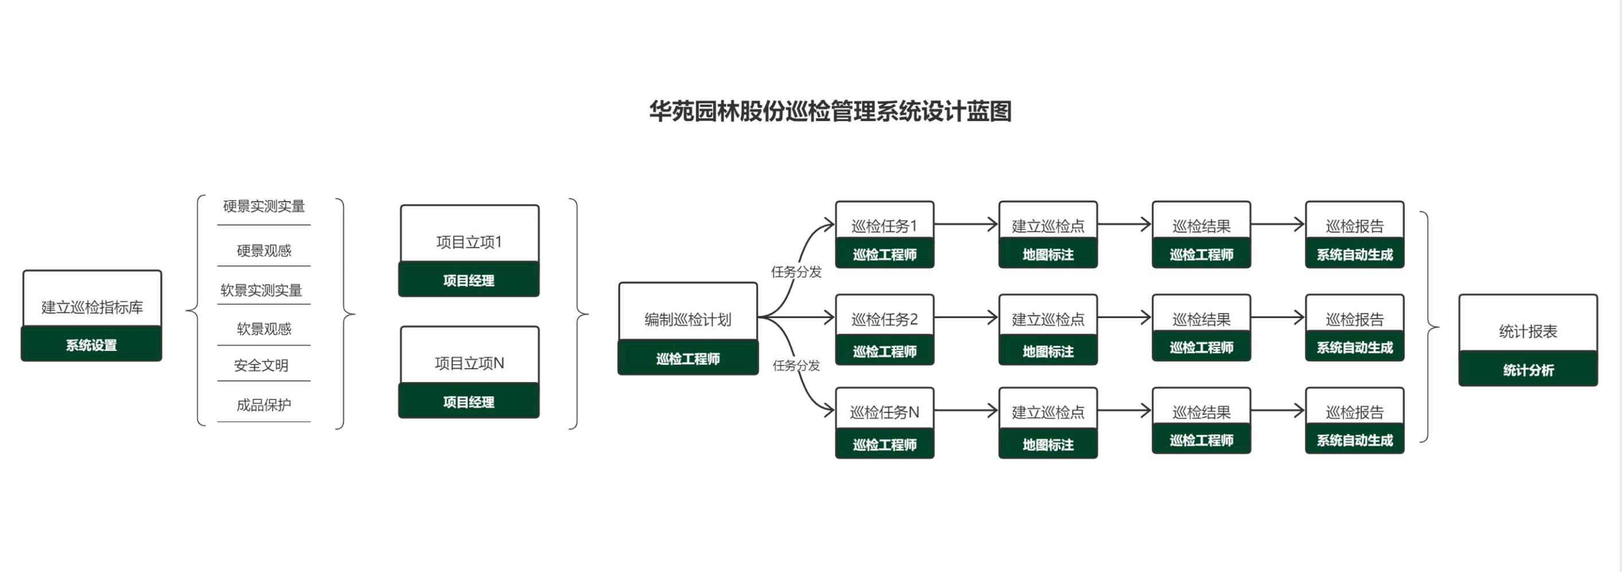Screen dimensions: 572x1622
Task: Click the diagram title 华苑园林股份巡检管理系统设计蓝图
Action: pyautogui.click(x=830, y=111)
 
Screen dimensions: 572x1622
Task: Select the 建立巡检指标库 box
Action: pyautogui.click(x=92, y=306)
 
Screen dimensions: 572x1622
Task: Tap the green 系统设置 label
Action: pyautogui.click(x=92, y=345)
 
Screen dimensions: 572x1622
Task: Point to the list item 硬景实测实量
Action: pyautogui.click(x=264, y=206)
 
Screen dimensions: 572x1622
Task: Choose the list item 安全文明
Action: pyautogui.click(x=261, y=365)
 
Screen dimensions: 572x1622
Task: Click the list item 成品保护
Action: pyautogui.click(x=264, y=404)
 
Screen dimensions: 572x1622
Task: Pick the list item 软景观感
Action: pyautogui.click(x=264, y=328)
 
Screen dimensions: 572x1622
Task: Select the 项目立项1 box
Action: pyautogui.click(x=468, y=241)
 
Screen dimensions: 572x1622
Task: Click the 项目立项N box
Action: pyautogui.click(x=468, y=362)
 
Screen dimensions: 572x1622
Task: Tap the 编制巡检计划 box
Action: pyautogui.click(x=688, y=319)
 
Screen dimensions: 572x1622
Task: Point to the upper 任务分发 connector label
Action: pyautogui.click(x=796, y=272)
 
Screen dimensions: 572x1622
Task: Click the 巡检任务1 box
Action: pyautogui.click(x=884, y=225)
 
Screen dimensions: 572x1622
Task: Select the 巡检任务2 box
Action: pyautogui.click(x=884, y=319)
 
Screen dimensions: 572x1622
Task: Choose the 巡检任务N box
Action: pyautogui.click(x=884, y=412)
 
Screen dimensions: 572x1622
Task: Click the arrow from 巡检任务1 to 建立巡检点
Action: pyautogui.click(x=966, y=223)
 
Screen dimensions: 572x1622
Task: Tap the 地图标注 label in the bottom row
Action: pyautogui.click(x=1047, y=445)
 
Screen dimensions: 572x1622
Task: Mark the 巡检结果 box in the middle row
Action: pyautogui.click(x=1201, y=319)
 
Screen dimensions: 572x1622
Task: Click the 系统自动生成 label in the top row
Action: pyautogui.click(x=1355, y=254)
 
